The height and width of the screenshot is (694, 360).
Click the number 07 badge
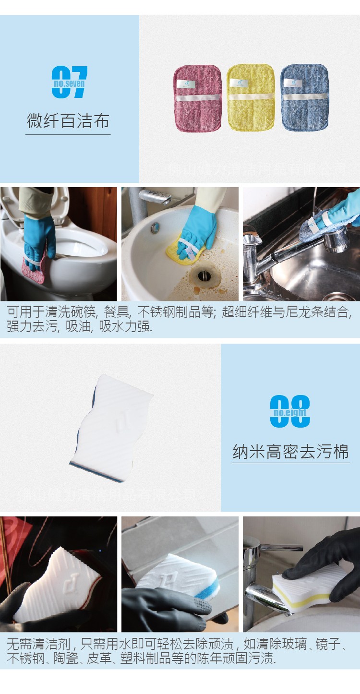(69, 83)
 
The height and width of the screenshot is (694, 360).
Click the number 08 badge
(290, 412)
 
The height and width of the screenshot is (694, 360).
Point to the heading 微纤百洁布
(68, 121)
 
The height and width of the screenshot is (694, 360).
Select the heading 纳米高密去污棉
(290, 452)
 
